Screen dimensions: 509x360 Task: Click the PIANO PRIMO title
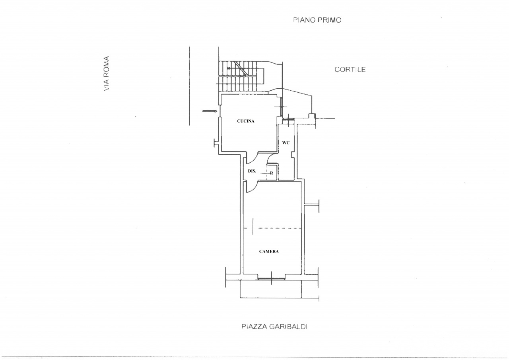coord(317,20)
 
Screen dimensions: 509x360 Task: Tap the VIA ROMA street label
coord(106,74)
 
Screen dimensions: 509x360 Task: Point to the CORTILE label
coord(350,69)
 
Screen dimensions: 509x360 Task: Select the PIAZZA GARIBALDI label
coord(274,327)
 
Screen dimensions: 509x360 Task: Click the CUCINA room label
coord(246,121)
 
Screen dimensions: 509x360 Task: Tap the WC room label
coord(286,143)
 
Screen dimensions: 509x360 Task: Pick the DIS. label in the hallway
coord(252,171)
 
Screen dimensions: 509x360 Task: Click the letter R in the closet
coord(272,173)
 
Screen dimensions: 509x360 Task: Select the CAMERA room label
coord(269,251)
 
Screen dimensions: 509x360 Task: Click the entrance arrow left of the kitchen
coord(210,111)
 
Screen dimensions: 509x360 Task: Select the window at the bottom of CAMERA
coord(271,278)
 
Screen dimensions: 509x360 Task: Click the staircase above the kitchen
coord(241,76)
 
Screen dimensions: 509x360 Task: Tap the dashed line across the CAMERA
coord(272,228)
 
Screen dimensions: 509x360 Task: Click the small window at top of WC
coord(288,119)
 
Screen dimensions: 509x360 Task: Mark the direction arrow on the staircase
coord(236,68)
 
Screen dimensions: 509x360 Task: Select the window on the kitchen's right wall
coord(281,107)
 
